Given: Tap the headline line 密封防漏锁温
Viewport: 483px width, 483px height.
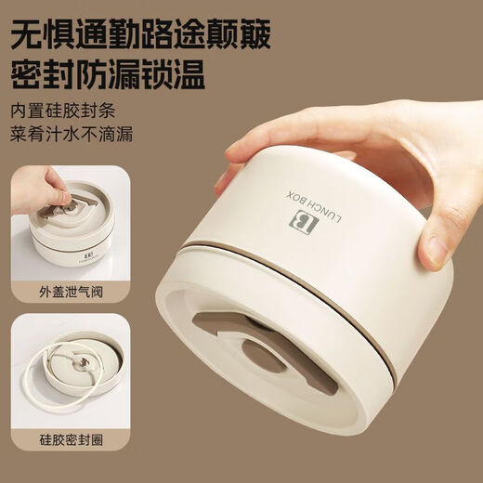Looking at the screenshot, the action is click(x=108, y=73).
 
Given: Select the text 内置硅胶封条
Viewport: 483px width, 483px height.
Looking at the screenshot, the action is click(x=63, y=111).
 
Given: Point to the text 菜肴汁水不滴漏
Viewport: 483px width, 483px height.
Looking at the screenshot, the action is click(x=72, y=134).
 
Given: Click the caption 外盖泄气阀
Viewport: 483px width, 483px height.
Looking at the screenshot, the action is click(x=71, y=292).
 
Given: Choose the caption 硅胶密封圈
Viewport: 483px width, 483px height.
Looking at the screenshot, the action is click(x=71, y=439).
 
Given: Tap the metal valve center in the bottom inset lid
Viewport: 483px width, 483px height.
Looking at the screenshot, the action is click(x=82, y=362).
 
